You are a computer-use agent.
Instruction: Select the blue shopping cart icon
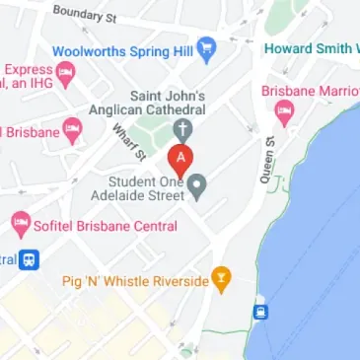point(206,47)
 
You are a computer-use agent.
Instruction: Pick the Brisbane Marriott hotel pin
point(284,110)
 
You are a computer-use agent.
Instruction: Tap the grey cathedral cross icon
point(180,129)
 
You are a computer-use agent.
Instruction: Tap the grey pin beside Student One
point(197,184)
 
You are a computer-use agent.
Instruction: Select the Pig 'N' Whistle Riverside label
point(137,281)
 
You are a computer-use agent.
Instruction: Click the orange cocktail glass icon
point(222,281)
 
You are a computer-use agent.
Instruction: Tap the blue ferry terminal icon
point(261,313)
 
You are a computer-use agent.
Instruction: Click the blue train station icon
point(31,260)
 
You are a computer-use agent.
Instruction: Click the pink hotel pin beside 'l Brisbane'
point(72,128)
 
